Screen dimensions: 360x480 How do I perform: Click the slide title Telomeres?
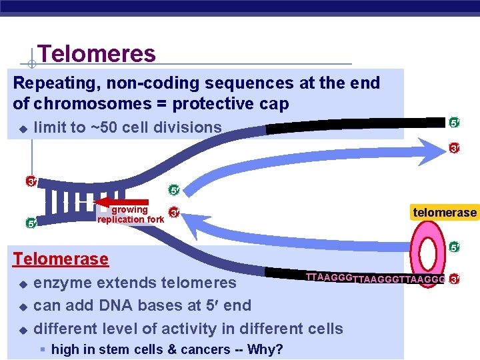coord(97,54)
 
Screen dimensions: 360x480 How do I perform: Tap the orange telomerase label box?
coord(445,213)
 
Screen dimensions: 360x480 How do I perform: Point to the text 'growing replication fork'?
coord(130,215)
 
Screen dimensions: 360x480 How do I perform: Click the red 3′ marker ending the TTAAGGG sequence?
coord(455,279)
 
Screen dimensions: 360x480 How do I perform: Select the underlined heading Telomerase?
coord(61,259)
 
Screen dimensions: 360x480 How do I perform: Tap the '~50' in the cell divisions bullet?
coord(99,127)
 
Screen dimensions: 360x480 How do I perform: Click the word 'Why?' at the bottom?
coord(267,349)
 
